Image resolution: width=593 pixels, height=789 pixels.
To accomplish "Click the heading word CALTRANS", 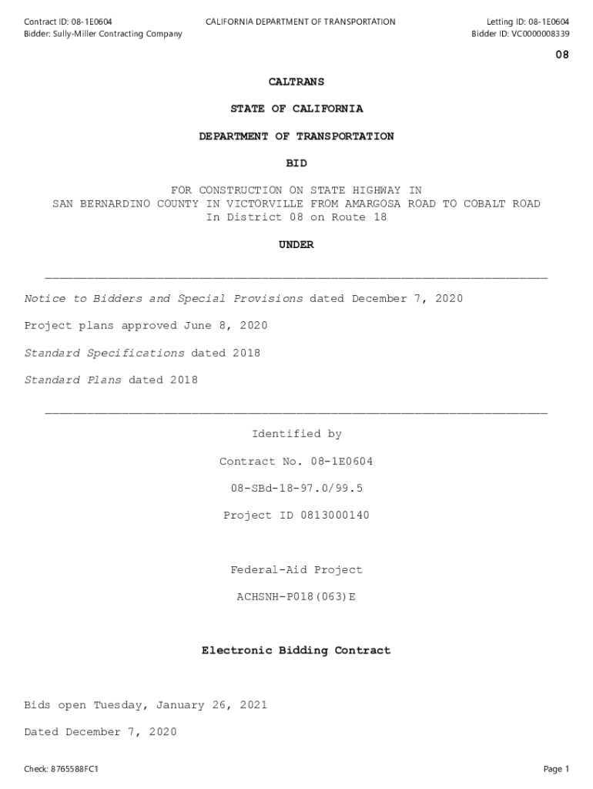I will coord(296,82).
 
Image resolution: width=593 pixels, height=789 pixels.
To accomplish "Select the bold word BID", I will coord(296,163).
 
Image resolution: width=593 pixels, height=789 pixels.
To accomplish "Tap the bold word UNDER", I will coord(296,245).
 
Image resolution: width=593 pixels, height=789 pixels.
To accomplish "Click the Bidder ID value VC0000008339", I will coord(540,34).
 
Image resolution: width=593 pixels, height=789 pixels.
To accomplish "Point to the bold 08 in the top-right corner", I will coord(562,55).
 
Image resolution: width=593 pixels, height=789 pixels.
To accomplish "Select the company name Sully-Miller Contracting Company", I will coord(117,34).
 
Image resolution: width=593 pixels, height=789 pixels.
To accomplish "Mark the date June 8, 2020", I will coord(225,326).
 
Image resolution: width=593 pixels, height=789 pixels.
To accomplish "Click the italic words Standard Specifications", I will coord(104,354).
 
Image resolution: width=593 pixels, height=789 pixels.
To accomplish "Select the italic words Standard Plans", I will coord(72,381).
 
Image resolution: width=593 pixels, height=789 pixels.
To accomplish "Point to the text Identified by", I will coord(296,435).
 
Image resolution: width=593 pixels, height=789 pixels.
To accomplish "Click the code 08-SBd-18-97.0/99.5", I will coord(296,489).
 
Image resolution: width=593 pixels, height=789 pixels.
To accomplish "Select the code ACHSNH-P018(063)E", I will coord(296,596).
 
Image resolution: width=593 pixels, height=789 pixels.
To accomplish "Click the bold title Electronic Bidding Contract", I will coord(296,651).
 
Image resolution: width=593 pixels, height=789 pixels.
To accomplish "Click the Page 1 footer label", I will coord(555,769).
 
